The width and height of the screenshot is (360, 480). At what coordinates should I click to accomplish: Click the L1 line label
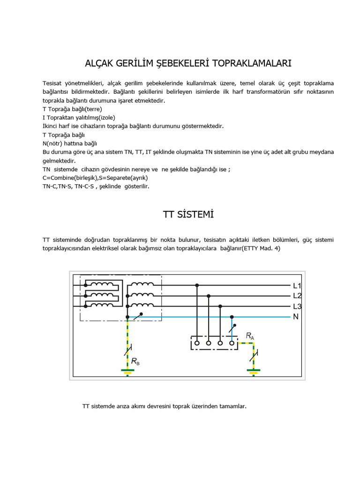click(297, 285)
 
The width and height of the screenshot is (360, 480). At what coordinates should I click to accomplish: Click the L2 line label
click(297, 296)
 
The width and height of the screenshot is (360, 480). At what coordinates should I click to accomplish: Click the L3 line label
click(297, 307)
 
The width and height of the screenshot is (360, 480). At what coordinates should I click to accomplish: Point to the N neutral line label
click(296, 317)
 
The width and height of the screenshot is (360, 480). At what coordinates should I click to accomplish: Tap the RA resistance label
click(250, 336)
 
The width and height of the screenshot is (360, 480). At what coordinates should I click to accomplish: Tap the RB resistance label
click(135, 361)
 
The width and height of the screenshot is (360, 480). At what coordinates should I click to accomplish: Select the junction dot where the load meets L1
click(197, 285)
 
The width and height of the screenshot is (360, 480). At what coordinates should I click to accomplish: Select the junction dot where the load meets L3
click(220, 306)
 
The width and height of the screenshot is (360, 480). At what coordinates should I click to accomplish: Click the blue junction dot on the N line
click(232, 317)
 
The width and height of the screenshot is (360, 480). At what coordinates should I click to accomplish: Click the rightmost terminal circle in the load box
click(232, 343)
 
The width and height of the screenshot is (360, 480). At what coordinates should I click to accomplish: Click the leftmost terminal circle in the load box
click(197, 343)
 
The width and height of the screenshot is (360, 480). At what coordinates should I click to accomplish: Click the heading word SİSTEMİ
click(195, 215)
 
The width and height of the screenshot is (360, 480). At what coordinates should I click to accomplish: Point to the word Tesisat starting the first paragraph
click(53, 83)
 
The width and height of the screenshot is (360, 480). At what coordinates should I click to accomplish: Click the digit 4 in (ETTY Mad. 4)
click(278, 248)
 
